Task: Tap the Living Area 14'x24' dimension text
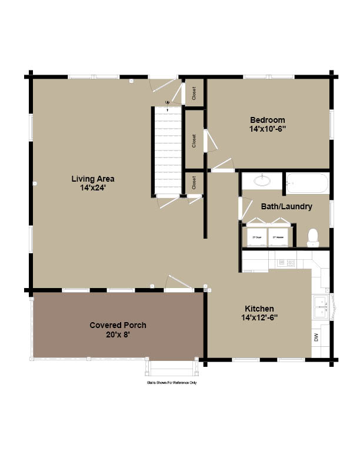(93, 188)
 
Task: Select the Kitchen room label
(259, 309)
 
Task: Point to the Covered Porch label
(118, 325)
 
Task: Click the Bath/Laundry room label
(286, 206)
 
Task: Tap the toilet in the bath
(314, 236)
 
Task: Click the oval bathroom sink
(262, 181)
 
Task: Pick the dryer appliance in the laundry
(256, 237)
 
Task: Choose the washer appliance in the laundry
(279, 237)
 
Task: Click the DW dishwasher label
(316, 338)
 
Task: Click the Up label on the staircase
(168, 103)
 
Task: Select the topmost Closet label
(194, 93)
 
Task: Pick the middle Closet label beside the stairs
(194, 140)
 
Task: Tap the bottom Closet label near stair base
(194, 183)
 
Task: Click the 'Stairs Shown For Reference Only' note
(172, 383)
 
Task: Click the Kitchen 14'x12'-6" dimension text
(259, 317)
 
